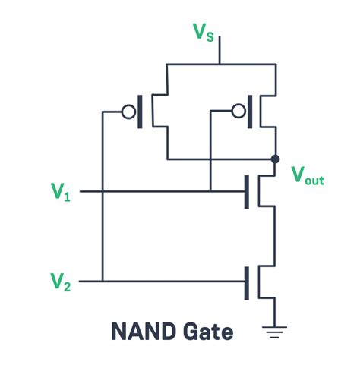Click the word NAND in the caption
(x=143, y=332)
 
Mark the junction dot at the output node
(x=275, y=159)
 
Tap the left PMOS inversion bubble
(x=128, y=112)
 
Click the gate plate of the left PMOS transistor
(x=140, y=112)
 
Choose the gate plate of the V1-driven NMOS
(x=246, y=192)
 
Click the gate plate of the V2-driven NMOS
(x=246, y=282)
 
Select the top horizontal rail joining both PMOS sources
(x=219, y=65)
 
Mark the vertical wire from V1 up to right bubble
(x=210, y=152)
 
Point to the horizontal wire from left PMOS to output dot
(x=220, y=159)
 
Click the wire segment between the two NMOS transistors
(x=274, y=235)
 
